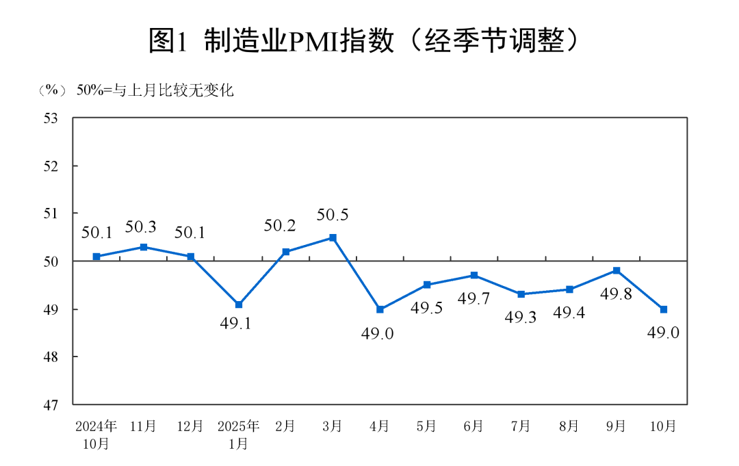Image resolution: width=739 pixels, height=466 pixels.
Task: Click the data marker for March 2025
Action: coord(333,237)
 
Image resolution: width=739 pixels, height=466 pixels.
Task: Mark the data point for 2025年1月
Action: coord(238,305)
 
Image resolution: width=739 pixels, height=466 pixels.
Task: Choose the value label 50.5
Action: coord(333,215)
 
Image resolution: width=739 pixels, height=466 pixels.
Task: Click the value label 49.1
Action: coord(236,324)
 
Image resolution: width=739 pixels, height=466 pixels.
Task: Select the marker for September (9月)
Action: coord(616,271)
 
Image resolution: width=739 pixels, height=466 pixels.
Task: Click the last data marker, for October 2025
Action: coord(663,309)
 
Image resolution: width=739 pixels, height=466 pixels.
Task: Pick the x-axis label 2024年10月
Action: coord(96,435)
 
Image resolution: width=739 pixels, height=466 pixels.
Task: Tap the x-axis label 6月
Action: coord(474,426)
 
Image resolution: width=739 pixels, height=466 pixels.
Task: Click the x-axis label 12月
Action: coord(190,426)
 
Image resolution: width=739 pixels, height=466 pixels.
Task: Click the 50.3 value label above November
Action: coord(142,226)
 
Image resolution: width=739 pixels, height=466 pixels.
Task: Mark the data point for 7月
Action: coord(521,294)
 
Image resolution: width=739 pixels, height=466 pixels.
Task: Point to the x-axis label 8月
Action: coord(569,426)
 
